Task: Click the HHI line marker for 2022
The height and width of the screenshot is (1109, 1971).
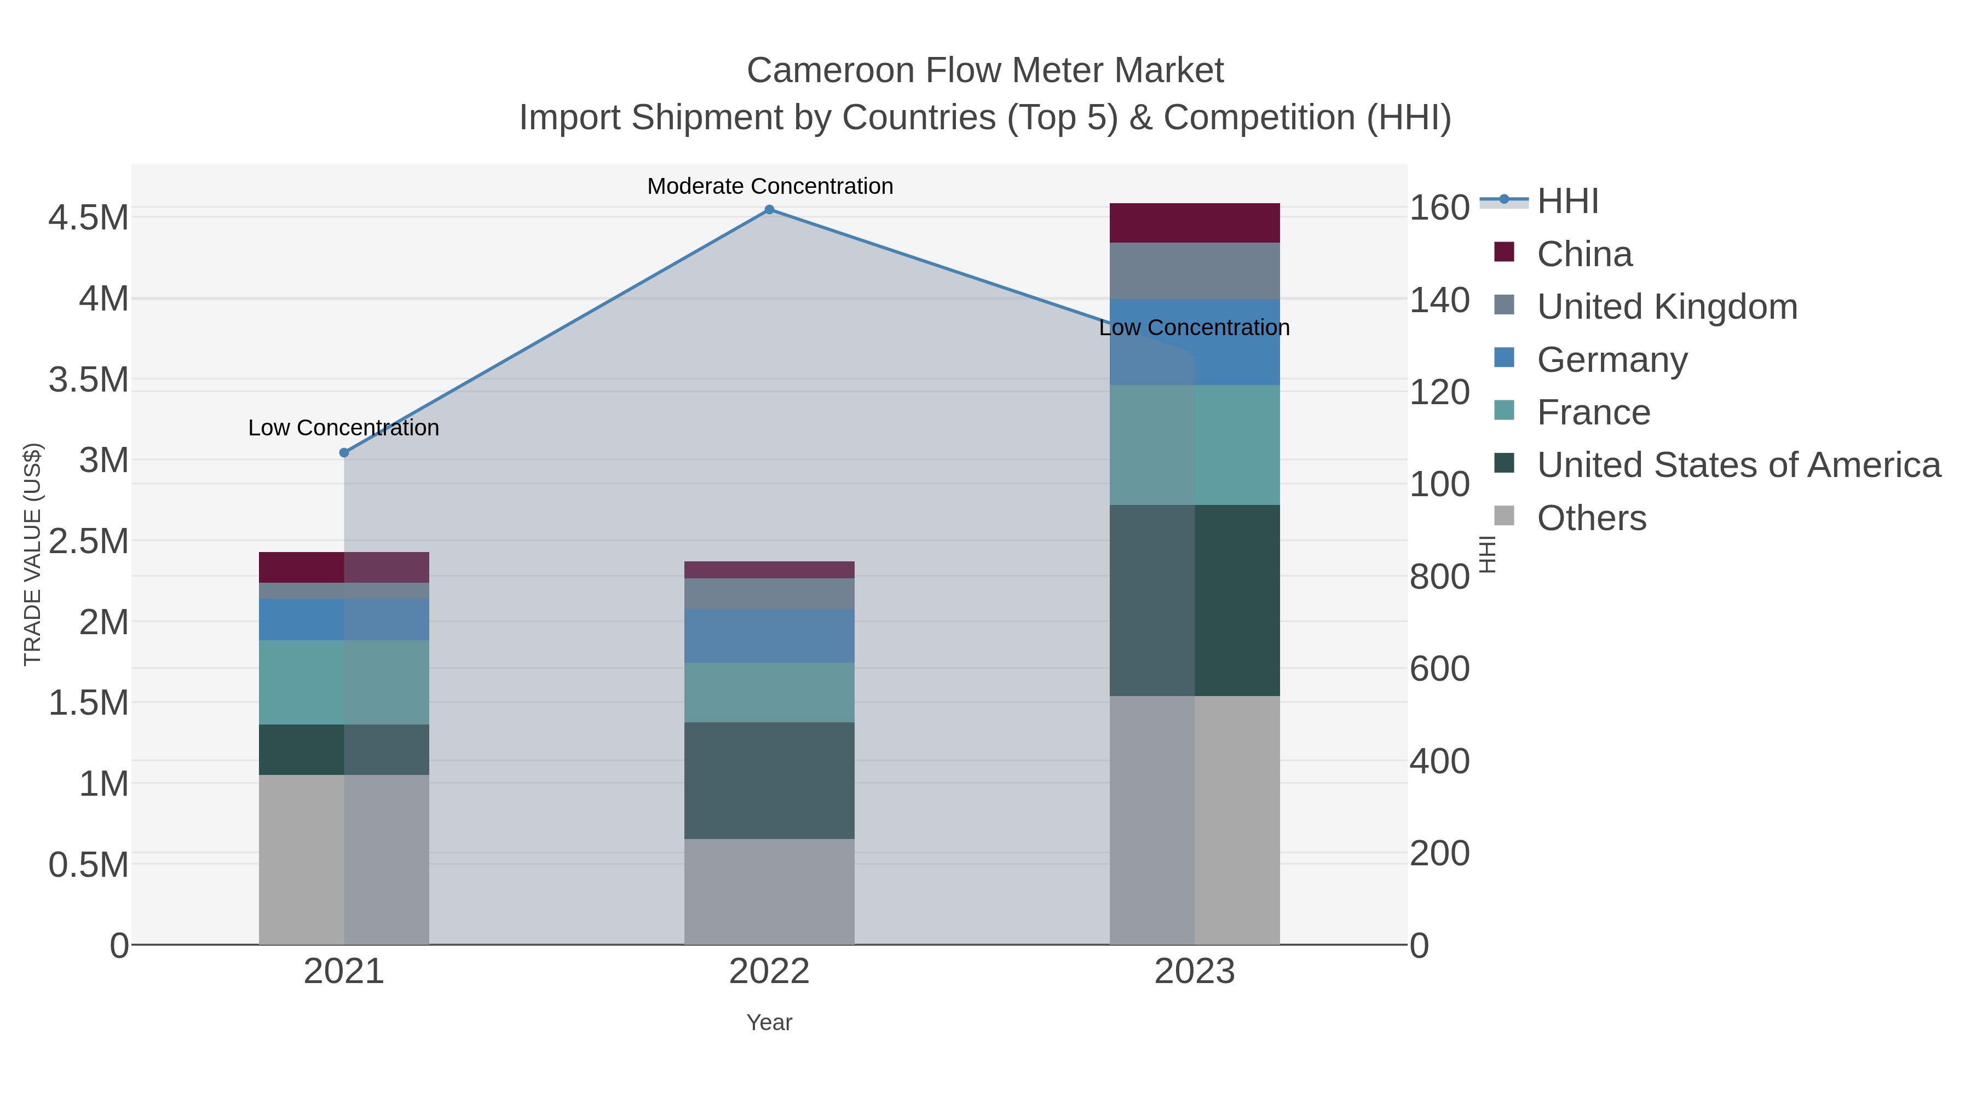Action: [769, 210]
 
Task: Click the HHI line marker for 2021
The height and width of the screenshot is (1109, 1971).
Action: [344, 453]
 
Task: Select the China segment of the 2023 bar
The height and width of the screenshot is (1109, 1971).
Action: [1195, 223]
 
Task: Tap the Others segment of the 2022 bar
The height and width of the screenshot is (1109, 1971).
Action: [769, 891]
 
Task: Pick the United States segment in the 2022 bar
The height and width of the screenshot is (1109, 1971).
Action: [769, 780]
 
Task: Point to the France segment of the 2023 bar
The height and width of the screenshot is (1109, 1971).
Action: [1195, 445]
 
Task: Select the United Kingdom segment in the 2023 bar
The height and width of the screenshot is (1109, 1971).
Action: [1195, 271]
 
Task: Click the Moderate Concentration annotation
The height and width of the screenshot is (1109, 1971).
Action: [770, 187]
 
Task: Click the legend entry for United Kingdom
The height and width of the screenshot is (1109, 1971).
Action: [1667, 307]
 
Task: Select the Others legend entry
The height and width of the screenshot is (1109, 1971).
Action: [1592, 518]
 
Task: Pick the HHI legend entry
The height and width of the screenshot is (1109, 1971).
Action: [1567, 202]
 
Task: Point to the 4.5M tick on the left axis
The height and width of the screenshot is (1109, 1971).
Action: [89, 218]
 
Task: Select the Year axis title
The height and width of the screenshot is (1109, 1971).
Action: [769, 1022]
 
